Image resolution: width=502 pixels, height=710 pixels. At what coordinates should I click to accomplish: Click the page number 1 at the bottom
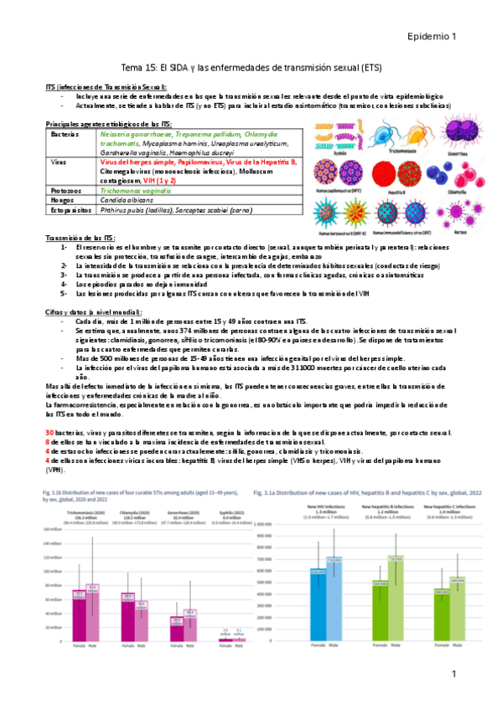453,675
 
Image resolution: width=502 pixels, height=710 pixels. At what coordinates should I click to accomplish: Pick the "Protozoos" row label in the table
65,191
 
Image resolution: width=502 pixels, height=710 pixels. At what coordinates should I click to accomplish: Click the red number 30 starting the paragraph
50,432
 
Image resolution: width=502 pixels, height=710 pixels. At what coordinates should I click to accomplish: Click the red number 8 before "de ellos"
48,441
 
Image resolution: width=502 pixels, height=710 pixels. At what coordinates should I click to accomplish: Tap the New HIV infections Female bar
318,605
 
